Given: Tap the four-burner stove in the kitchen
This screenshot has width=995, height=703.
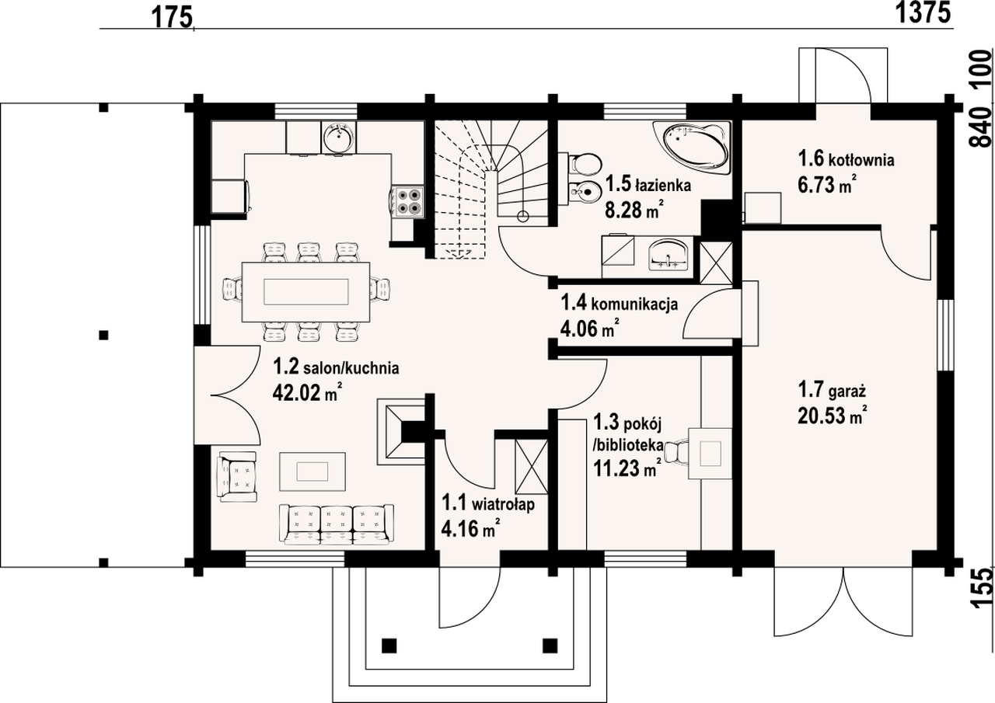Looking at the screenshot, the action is pyautogui.click(x=407, y=202).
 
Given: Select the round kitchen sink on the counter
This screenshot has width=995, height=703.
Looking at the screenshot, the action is pyautogui.click(x=338, y=137).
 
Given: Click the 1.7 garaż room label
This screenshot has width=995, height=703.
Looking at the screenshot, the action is pyautogui.click(x=833, y=391).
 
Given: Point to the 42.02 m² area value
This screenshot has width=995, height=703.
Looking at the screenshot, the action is pyautogui.click(x=307, y=392).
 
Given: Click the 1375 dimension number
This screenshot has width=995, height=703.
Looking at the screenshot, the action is pyautogui.click(x=923, y=12).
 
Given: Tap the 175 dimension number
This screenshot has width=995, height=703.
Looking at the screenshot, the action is pyautogui.click(x=173, y=18).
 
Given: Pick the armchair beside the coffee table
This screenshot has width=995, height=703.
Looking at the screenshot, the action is pyautogui.click(x=238, y=477).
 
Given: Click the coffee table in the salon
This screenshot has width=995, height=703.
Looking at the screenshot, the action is pyautogui.click(x=312, y=472).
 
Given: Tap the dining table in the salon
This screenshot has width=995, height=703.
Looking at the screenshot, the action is pyautogui.click(x=306, y=291).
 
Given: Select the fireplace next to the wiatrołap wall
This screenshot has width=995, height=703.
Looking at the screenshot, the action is pyautogui.click(x=400, y=431).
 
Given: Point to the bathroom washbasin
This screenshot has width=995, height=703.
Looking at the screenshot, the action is pyautogui.click(x=669, y=254).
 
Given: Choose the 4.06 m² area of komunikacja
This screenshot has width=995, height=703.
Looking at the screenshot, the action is pyautogui.click(x=589, y=329).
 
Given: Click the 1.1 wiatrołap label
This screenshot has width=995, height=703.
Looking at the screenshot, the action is pyautogui.click(x=487, y=504).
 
